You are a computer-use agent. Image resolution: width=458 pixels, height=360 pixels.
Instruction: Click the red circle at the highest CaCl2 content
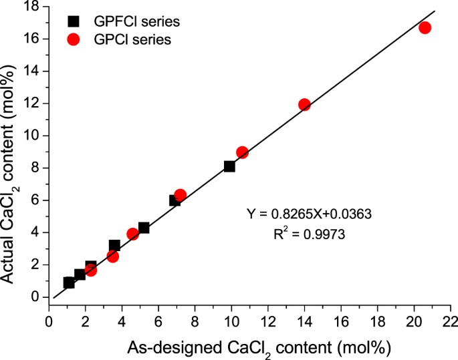425,27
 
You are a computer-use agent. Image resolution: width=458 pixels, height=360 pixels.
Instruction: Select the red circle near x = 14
304,105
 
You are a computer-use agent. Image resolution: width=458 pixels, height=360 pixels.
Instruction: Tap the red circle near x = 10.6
242,152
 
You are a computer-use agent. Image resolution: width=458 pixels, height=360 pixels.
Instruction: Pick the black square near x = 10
229,166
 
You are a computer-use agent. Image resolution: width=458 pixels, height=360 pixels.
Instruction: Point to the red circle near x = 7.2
180,195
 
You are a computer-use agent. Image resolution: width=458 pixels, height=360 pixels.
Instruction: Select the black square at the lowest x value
68,283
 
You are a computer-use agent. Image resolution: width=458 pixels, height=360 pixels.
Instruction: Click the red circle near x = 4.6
132,234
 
